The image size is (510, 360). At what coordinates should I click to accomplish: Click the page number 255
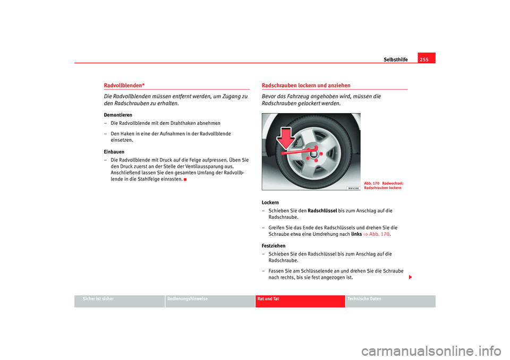tap(427, 59)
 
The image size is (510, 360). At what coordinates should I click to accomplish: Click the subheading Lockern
tap(270, 203)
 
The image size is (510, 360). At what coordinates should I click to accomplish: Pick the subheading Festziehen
tap(273, 246)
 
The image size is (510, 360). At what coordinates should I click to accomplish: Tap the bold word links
tap(356, 234)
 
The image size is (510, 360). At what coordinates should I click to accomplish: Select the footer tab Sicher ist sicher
tap(98, 299)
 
